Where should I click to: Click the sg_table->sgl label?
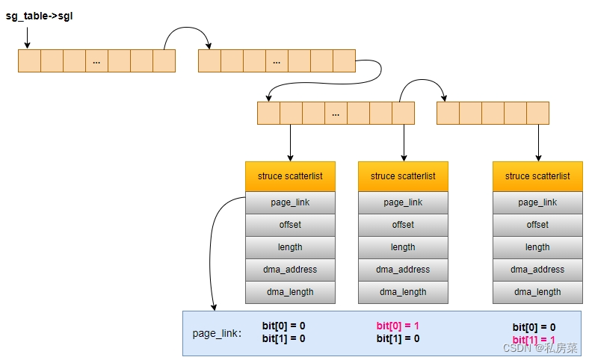(39, 15)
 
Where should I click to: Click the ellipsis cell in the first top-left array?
(96, 61)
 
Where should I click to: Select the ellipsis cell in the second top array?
(277, 61)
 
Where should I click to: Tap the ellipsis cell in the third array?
(336, 114)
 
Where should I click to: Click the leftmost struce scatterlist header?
(290, 176)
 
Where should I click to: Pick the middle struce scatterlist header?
(403, 176)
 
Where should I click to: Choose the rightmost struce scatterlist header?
(537, 176)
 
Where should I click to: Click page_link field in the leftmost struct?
(290, 202)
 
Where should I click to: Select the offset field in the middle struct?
(403, 225)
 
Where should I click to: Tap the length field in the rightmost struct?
(537, 247)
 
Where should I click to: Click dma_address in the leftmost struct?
(290, 270)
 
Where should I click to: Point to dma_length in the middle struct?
(403, 292)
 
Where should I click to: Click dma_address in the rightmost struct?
(537, 270)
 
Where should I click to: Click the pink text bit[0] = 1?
(398, 326)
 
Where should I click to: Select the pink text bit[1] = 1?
(534, 340)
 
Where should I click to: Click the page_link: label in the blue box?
(217, 333)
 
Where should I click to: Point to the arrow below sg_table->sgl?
(28, 37)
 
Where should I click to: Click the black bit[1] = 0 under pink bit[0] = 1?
(398, 338)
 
